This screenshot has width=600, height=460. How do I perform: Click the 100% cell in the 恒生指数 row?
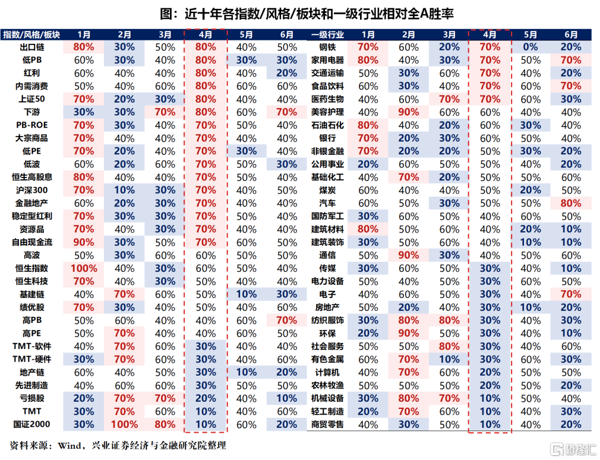(x=84, y=268)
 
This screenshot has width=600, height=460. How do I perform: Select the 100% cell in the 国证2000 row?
(x=124, y=424)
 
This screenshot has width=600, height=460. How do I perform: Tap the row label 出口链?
(x=32, y=47)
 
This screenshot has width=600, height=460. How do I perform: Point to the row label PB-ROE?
(x=32, y=125)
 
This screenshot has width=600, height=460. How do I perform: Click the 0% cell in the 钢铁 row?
(x=531, y=47)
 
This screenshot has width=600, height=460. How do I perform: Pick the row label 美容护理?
(x=328, y=112)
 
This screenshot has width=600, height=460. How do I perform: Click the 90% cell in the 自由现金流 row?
(x=84, y=242)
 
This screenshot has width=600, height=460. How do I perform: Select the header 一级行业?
(x=328, y=35)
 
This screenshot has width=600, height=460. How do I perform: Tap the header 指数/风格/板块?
(x=31, y=35)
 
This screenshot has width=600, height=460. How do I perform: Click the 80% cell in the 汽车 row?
(x=571, y=203)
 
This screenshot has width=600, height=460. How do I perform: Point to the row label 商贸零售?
(x=328, y=424)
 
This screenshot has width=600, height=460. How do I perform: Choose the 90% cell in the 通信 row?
(x=409, y=255)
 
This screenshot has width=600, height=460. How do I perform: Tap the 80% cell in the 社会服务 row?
(x=449, y=346)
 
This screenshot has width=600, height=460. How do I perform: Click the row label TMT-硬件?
(x=32, y=359)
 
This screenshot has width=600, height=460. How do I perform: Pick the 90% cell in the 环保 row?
(x=409, y=333)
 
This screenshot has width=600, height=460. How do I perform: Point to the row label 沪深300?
(x=32, y=190)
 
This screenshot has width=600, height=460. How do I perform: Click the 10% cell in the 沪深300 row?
(x=124, y=190)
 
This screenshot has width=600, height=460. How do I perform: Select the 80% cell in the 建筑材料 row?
(x=368, y=229)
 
